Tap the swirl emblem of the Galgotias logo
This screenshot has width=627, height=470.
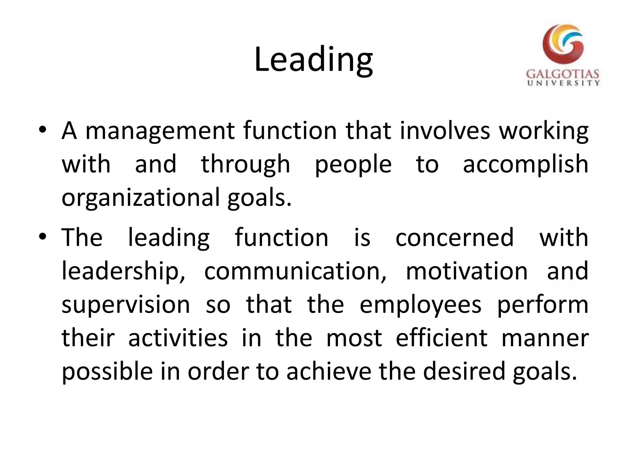click(x=563, y=44)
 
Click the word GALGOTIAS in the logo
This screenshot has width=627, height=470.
click(x=563, y=74)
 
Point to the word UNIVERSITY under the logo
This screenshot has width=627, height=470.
click(x=563, y=83)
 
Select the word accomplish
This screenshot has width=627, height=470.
click(x=525, y=164)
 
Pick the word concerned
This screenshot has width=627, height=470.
click(x=454, y=238)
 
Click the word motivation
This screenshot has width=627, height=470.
click(x=467, y=271)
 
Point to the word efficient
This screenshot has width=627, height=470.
click(x=441, y=338)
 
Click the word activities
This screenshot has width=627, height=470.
click(x=178, y=338)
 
